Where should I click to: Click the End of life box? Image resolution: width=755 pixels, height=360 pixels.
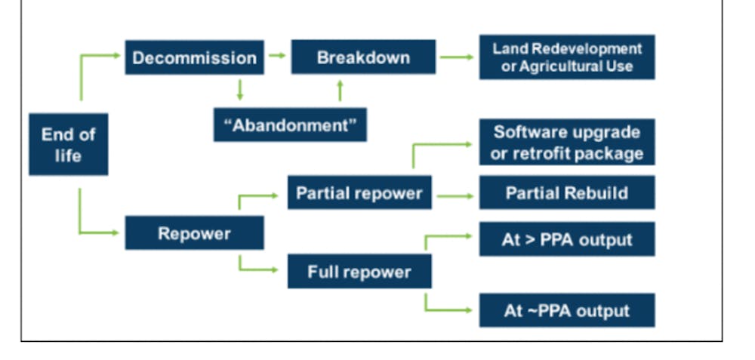(69, 144)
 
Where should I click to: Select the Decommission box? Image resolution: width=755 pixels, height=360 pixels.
(195, 57)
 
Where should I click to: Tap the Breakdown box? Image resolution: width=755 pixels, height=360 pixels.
(364, 57)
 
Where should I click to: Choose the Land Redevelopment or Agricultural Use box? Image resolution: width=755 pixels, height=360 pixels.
(567, 57)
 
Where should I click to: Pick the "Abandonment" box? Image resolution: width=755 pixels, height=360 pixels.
(291, 125)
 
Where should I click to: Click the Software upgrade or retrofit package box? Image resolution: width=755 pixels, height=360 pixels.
(567, 142)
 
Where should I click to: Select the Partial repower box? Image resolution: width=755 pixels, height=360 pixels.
(359, 192)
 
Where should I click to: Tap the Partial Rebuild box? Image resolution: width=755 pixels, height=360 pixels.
(567, 192)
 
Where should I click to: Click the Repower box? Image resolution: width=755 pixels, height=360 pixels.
(195, 233)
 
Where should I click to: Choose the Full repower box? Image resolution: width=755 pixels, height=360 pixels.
(359, 272)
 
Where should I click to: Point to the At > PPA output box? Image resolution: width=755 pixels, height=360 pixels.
(567, 239)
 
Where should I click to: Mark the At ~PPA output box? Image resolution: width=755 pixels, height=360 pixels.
(567, 310)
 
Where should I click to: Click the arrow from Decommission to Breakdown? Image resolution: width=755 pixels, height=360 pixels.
(277, 56)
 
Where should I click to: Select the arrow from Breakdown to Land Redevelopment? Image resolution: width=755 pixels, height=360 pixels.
(457, 57)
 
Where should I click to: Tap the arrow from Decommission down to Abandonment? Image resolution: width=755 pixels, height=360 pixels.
(240, 90)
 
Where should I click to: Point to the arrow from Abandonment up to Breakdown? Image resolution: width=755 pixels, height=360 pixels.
(340, 91)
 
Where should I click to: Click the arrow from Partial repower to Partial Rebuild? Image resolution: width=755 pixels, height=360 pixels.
(455, 196)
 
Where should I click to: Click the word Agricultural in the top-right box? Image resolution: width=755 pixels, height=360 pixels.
(560, 66)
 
